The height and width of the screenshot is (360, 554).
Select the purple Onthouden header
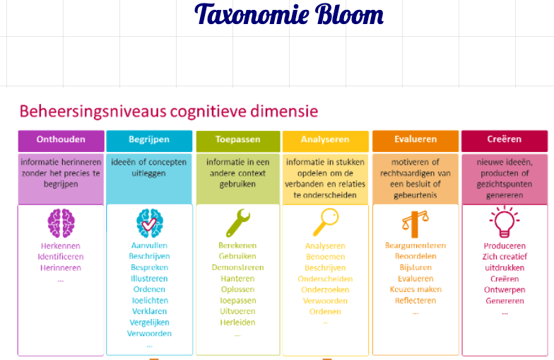(61, 140)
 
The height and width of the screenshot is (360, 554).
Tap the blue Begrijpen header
(149, 140)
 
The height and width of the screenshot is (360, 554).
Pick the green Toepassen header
(238, 140)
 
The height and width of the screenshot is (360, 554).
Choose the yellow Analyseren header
(325, 140)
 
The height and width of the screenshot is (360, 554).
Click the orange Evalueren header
(415, 140)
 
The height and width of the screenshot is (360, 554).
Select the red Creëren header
(504, 140)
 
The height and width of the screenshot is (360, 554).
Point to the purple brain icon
(61, 223)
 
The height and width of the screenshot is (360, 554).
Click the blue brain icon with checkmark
(149, 223)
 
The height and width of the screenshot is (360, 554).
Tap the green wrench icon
(238, 223)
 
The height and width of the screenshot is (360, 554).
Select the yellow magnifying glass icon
(325, 222)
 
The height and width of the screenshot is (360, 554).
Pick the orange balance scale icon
(415, 223)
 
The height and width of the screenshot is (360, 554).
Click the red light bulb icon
(504, 222)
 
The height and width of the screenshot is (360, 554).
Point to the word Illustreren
(149, 279)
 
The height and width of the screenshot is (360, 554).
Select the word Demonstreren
(238, 267)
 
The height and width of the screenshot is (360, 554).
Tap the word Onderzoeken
(325, 290)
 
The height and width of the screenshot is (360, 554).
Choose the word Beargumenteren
(415, 245)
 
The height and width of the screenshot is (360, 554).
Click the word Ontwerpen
(504, 290)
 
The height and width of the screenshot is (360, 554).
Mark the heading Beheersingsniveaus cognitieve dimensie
(168, 111)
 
